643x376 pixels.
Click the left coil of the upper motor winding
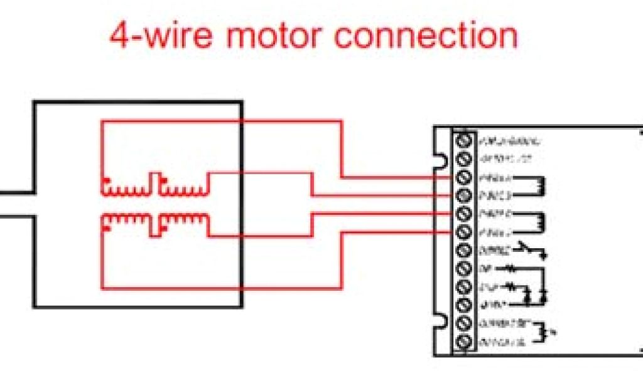125,186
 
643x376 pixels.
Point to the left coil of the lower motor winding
125,220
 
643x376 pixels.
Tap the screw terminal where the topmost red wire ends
465,177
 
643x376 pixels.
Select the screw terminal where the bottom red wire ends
465,232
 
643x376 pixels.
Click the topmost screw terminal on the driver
465,139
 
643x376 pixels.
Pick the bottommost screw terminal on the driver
465,342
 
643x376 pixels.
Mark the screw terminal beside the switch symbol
465,251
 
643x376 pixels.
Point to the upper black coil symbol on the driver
539,185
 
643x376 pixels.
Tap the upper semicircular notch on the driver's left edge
442,161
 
